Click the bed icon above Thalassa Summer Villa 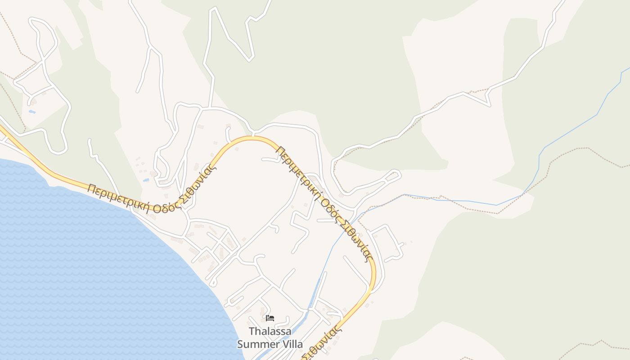(270, 318)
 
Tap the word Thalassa (270, 332)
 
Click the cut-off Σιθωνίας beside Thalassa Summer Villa (322, 344)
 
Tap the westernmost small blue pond (31, 111)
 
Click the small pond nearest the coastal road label (146, 180)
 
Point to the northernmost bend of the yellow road (252, 138)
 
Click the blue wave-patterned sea (90, 270)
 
